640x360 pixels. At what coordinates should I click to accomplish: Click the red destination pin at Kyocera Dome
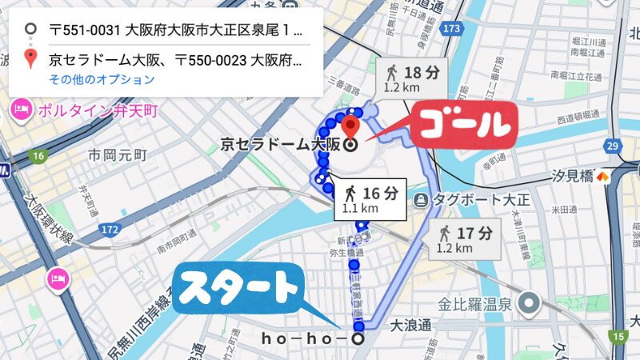tap(350, 127)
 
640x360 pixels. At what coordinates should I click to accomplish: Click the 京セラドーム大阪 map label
tap(280, 145)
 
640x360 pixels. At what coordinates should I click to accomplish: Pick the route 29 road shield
tap(613, 146)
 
